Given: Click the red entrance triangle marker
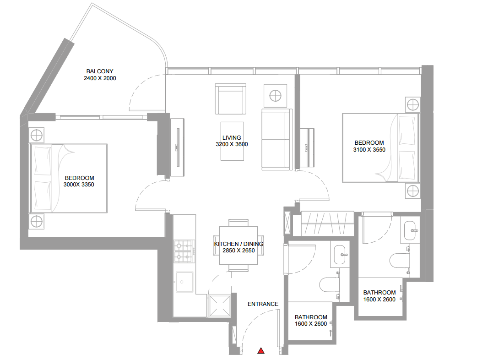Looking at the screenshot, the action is (x=261, y=350).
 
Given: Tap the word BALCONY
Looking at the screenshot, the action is (x=100, y=71).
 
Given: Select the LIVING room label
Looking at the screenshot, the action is (x=232, y=137).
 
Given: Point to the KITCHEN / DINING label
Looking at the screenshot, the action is (x=238, y=244).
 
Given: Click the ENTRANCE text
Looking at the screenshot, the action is (x=263, y=304).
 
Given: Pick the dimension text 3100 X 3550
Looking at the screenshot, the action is (x=369, y=150).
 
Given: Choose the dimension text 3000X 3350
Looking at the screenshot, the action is (x=79, y=185).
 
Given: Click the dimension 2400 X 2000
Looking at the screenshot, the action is (x=100, y=78).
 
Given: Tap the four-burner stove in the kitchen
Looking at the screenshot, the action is (x=184, y=251).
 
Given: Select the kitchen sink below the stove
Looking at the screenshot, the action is (x=184, y=282).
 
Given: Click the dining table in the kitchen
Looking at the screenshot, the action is (x=238, y=245).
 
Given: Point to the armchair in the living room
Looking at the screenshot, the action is (x=231, y=99).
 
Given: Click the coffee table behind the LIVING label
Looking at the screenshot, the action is (x=232, y=141).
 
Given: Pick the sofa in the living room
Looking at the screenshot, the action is (x=276, y=139).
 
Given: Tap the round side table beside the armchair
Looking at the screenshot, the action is (x=275, y=96).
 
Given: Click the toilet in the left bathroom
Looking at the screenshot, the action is (x=329, y=285).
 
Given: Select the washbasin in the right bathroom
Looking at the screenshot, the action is (x=410, y=230).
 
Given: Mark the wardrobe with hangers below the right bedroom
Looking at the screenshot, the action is (x=327, y=224).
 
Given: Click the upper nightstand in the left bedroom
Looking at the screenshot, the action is (x=37, y=135).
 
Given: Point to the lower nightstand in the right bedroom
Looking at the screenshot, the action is (x=413, y=191).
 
